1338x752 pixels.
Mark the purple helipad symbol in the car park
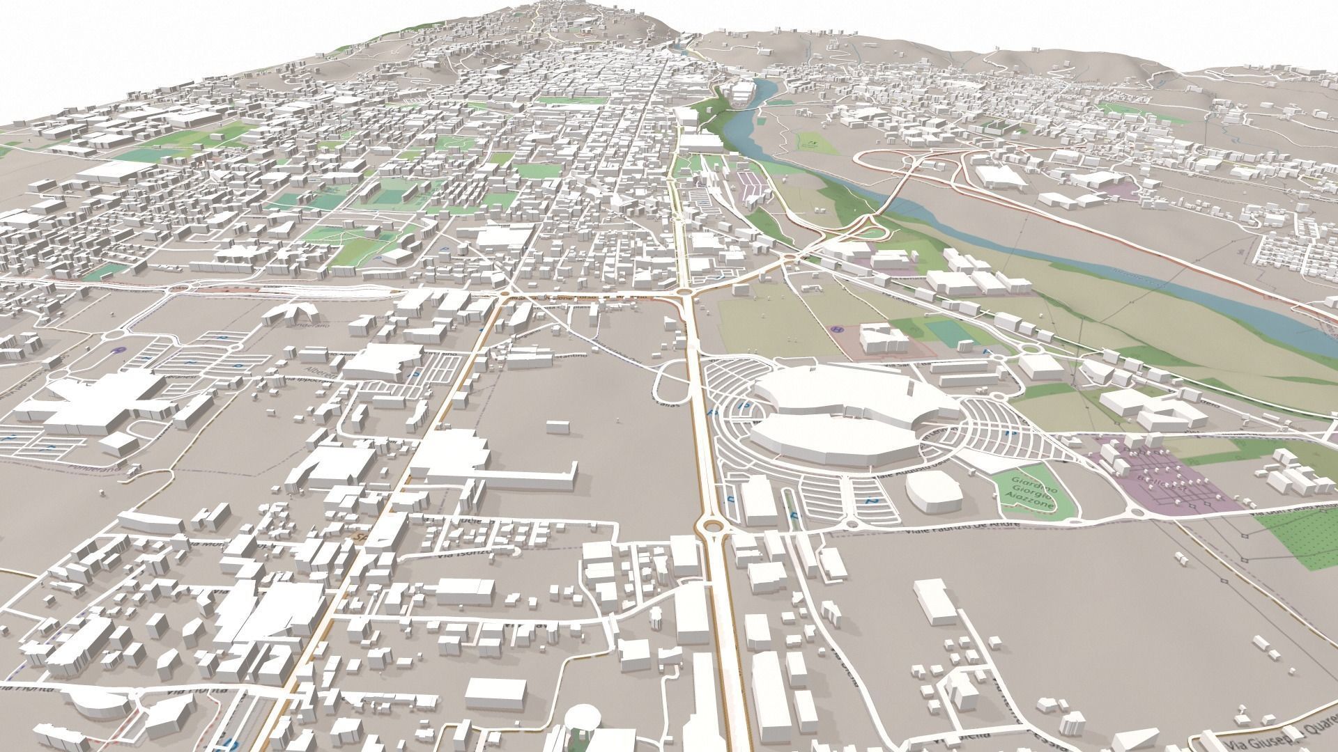tap(118, 350)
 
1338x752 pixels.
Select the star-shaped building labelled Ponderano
tap(291, 315)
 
